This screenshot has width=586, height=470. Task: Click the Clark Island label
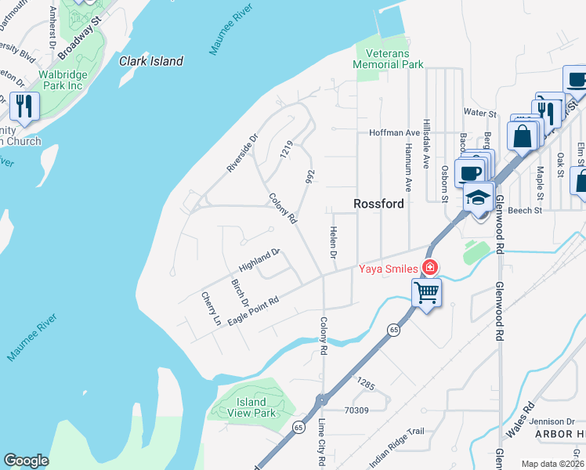pos(151,61)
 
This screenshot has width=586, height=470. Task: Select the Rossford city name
pos(378,204)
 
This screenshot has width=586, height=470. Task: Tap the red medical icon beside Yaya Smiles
pos(429,268)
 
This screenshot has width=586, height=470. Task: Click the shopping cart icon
pos(427,293)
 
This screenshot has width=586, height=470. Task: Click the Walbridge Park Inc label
pos(62,80)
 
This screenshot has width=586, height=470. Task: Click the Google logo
pos(26,460)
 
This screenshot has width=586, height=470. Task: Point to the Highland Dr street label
pos(259,260)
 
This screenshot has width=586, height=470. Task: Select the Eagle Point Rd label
pos(253,311)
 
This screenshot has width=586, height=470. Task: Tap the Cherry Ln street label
pos(210,309)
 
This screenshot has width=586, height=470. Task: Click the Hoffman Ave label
pos(395,133)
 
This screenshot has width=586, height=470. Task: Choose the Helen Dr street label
pos(332,244)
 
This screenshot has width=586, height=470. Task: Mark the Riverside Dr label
pos(242,154)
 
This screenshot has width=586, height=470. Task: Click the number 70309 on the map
pos(356,409)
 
